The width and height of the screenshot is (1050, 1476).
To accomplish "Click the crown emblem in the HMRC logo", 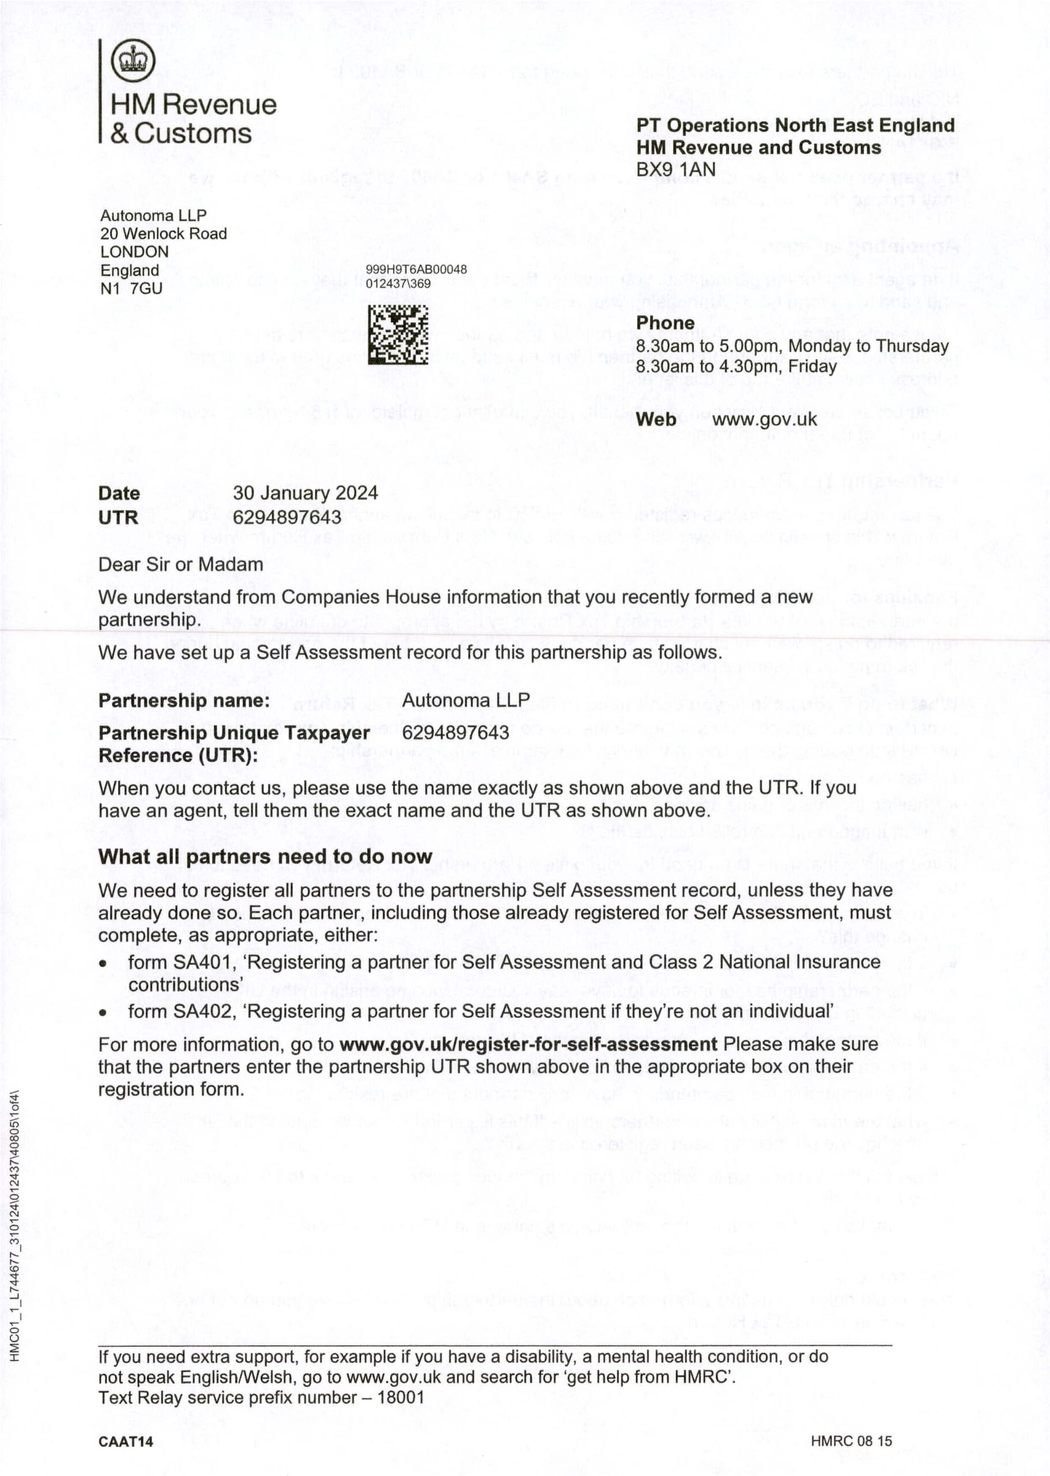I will tap(133, 61).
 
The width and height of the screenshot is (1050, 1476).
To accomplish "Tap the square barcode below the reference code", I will tap(398, 334).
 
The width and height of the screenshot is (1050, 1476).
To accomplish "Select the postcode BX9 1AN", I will tap(675, 170).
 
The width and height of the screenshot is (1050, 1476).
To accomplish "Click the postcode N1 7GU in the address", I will tap(131, 288).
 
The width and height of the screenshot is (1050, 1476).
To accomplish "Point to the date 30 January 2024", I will tap(305, 493).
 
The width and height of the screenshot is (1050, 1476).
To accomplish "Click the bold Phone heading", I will tap(664, 323).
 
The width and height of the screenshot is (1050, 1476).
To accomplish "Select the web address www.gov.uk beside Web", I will tap(764, 419).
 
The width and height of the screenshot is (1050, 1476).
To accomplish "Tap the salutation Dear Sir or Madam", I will tap(180, 564).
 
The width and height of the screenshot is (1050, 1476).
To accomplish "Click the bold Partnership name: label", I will tap(184, 701).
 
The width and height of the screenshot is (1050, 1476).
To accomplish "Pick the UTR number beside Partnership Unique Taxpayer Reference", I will tap(455, 733).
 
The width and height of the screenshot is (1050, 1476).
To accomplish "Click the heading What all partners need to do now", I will tap(265, 856).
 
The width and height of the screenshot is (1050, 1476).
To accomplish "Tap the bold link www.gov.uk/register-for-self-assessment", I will tap(527, 1045).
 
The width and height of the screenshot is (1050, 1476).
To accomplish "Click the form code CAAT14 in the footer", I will tap(126, 1442).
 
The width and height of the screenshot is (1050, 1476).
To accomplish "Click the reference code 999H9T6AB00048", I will tap(416, 270).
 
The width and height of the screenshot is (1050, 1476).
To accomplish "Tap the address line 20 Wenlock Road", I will tap(164, 234).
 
